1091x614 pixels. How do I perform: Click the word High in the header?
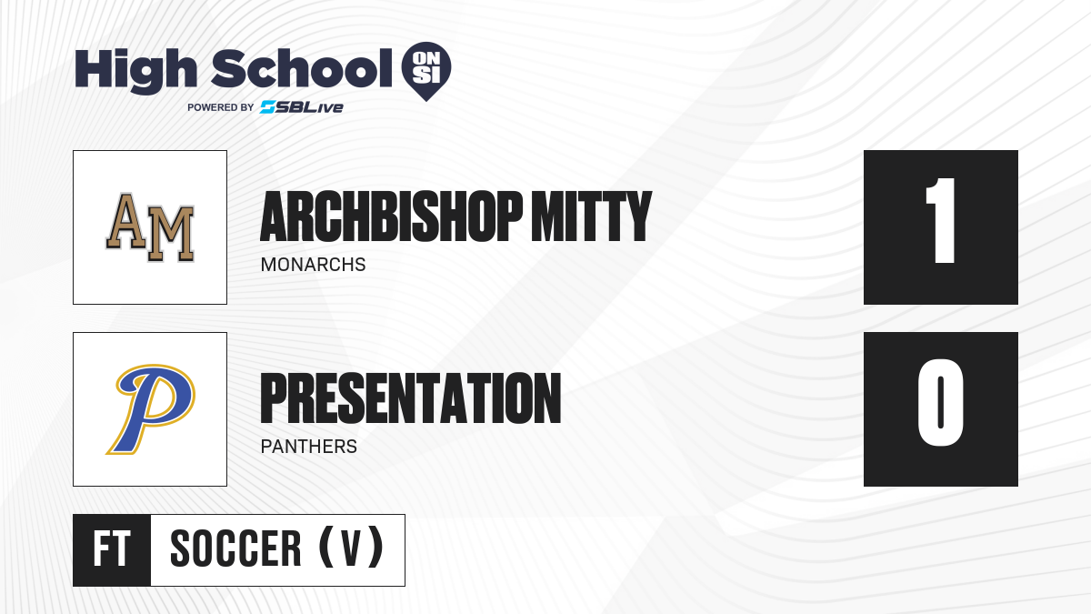[x=135, y=70]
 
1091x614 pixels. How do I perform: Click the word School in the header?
[x=302, y=68]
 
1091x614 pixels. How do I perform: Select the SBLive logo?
[x=302, y=107]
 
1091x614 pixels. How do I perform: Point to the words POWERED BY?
[x=221, y=107]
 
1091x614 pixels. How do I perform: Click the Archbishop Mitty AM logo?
[x=150, y=227]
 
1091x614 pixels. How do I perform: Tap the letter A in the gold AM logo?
[x=125, y=221]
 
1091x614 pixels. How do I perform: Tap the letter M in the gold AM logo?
[x=171, y=234]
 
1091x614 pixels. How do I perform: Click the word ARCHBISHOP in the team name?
[x=391, y=216]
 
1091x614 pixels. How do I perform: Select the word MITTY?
[x=591, y=216]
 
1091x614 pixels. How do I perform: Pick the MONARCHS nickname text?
[x=313, y=265]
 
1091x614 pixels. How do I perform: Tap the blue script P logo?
[x=151, y=409]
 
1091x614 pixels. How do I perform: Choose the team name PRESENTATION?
[x=411, y=398]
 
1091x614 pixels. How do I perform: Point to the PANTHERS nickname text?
[x=309, y=447]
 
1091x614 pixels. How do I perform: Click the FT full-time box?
[x=112, y=550]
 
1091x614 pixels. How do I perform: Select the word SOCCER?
[x=235, y=549]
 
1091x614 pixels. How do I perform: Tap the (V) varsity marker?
[x=351, y=548]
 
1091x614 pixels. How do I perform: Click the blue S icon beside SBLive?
[x=268, y=107]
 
